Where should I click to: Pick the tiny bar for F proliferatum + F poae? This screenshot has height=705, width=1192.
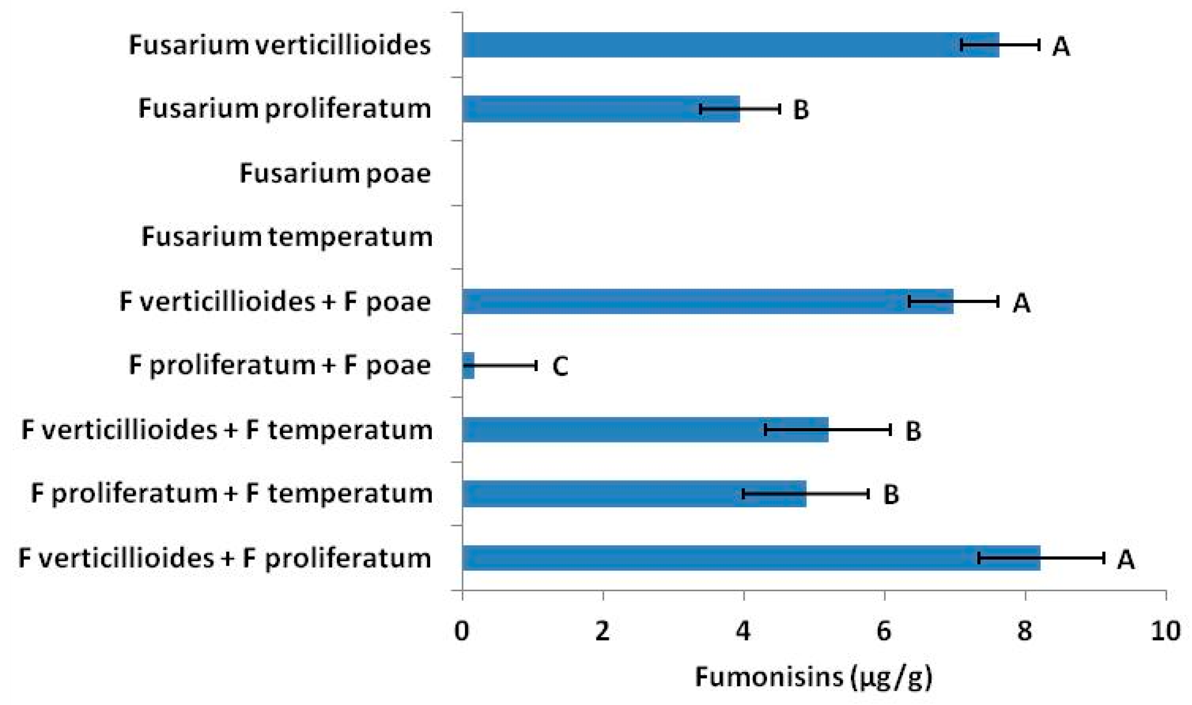point(468,366)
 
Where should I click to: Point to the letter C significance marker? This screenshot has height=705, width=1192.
point(560,366)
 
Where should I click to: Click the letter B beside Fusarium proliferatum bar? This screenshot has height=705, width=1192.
point(801,110)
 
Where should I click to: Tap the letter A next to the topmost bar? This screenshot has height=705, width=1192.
point(1062,46)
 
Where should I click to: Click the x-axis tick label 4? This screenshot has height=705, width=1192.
point(744,631)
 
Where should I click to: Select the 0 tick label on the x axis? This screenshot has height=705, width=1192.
point(462,631)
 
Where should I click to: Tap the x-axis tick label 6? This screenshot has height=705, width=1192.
point(884,631)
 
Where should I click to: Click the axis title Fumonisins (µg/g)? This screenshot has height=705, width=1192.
point(813,677)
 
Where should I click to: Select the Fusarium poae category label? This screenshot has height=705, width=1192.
point(335,173)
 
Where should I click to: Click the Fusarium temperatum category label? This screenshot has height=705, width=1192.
point(287,237)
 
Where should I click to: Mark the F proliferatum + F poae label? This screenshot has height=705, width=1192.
point(280,366)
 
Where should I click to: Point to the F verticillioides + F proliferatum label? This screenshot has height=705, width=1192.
point(225,558)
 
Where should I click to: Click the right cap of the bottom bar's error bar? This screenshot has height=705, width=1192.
point(1104,558)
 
